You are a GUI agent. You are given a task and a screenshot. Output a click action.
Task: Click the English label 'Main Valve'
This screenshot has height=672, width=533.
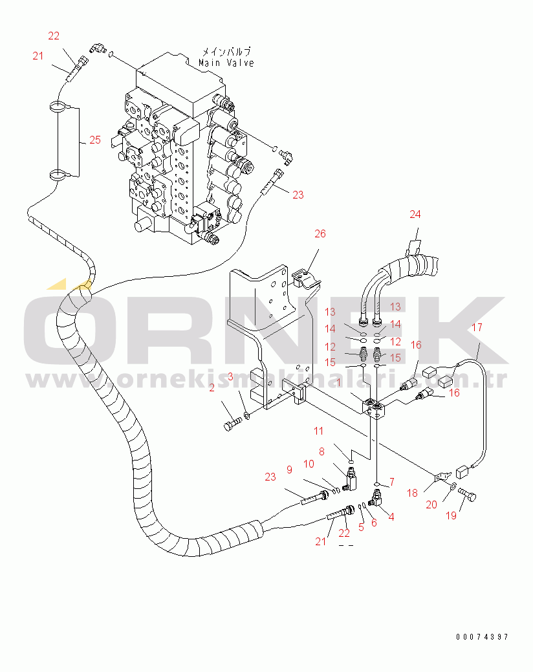tap(226, 63)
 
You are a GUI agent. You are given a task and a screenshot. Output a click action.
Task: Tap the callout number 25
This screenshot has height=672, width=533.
tap(95, 140)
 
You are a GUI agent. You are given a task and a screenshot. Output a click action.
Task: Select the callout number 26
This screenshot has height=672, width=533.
tap(320, 233)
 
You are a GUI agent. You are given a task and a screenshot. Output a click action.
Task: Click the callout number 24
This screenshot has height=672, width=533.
tap(415, 214)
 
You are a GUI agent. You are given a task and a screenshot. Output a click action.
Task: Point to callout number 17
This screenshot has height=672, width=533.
tap(477, 327)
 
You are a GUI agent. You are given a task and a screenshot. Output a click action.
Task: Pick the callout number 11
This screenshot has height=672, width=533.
tap(318, 431)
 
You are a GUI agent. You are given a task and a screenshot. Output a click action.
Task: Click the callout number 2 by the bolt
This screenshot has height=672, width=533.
tap(212, 388)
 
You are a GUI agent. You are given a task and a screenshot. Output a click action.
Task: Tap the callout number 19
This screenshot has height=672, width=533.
tap(451, 515)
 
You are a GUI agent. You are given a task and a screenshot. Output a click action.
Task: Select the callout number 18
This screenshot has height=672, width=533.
tap(412, 493)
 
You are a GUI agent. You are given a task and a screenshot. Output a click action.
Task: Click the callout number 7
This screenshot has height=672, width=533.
tap(391, 482)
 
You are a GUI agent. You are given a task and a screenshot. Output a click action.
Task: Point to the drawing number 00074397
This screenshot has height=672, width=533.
tap(482, 637)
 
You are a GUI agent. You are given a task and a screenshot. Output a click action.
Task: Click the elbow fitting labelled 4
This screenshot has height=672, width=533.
tap(376, 498)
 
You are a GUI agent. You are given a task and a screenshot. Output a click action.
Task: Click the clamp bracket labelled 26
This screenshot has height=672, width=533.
tap(305, 279)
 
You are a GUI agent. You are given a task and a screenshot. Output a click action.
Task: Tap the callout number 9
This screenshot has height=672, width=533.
tap(289, 470)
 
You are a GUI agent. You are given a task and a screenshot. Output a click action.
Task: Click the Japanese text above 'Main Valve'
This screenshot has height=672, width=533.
tap(226, 52)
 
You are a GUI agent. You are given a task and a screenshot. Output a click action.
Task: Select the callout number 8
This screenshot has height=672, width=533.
tap(321, 451)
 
